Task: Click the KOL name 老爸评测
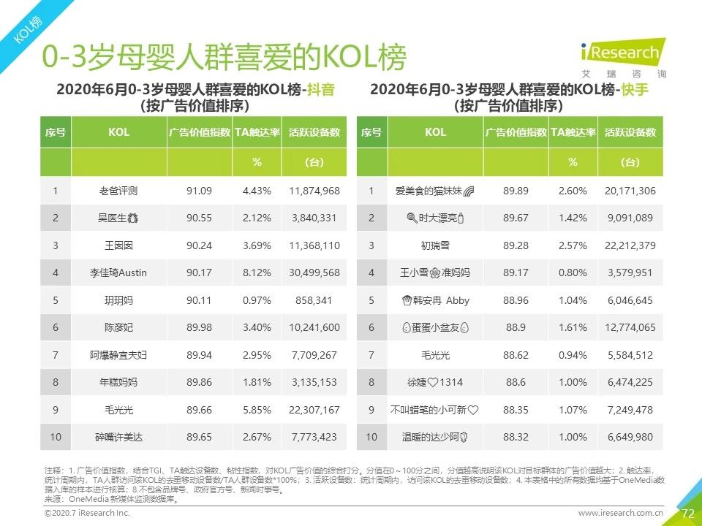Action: coord(118,191)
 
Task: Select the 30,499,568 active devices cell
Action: coord(314,272)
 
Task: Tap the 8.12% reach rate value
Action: coord(257,272)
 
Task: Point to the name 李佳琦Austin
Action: coord(118,272)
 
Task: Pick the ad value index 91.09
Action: coord(199,191)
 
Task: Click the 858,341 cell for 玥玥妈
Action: coord(314,300)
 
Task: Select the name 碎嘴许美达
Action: coord(118,437)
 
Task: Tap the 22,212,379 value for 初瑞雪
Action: coord(630,245)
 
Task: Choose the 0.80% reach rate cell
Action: coord(573,272)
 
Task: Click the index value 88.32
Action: coord(516,437)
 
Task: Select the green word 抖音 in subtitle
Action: coord(320,90)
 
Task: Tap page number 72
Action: coord(687,514)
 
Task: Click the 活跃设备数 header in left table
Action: coord(314,132)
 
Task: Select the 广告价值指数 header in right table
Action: coord(516,132)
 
